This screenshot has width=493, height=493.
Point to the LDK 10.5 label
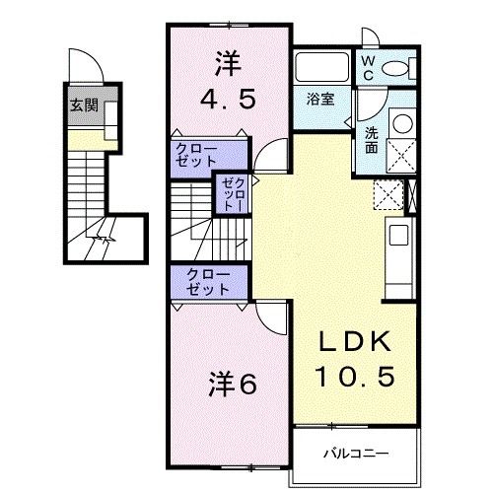click(x=356, y=359)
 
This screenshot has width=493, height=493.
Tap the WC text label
click(x=366, y=67)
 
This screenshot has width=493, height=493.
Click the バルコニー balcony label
click(x=356, y=455)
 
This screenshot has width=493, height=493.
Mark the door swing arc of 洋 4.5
click(x=268, y=155)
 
